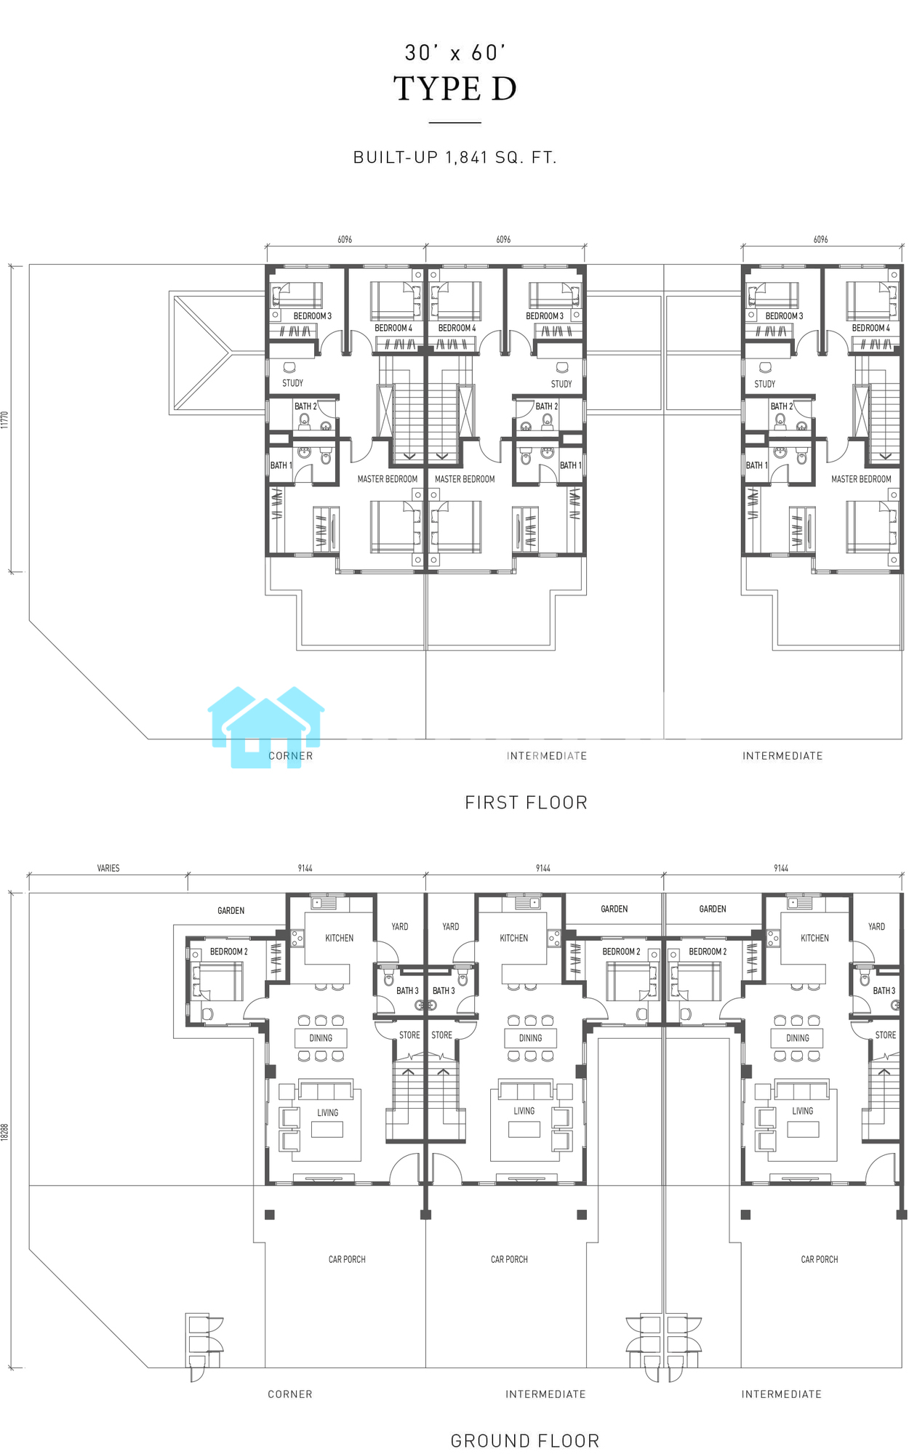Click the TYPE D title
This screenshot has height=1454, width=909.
[455, 89]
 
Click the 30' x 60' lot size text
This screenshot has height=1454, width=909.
[455, 52]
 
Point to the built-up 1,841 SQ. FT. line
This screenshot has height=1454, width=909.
[455, 157]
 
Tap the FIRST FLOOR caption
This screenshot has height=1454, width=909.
[526, 803]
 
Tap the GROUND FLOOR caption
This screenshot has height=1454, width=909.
[525, 1440]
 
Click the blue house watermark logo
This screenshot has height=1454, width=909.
[266, 727]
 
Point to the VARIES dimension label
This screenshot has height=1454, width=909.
[108, 868]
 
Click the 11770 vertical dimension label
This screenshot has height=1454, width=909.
[4, 420]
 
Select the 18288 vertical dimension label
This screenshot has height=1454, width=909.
[4, 1132]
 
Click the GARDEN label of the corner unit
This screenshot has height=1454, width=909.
[231, 910]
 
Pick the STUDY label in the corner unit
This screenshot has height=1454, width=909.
[293, 383]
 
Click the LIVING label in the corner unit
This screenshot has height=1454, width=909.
[328, 1112]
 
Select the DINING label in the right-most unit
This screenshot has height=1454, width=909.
[798, 1038]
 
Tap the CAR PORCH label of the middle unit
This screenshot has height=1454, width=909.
[509, 1259]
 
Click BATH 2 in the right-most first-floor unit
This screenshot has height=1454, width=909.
[782, 406]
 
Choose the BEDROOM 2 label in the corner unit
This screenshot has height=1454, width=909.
[229, 952]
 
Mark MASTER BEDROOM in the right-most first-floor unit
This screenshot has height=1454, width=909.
[862, 479]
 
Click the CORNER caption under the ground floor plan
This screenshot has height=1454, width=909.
[290, 1394]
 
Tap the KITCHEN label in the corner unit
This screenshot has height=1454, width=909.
[340, 938]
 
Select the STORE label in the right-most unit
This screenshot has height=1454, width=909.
[886, 1035]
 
